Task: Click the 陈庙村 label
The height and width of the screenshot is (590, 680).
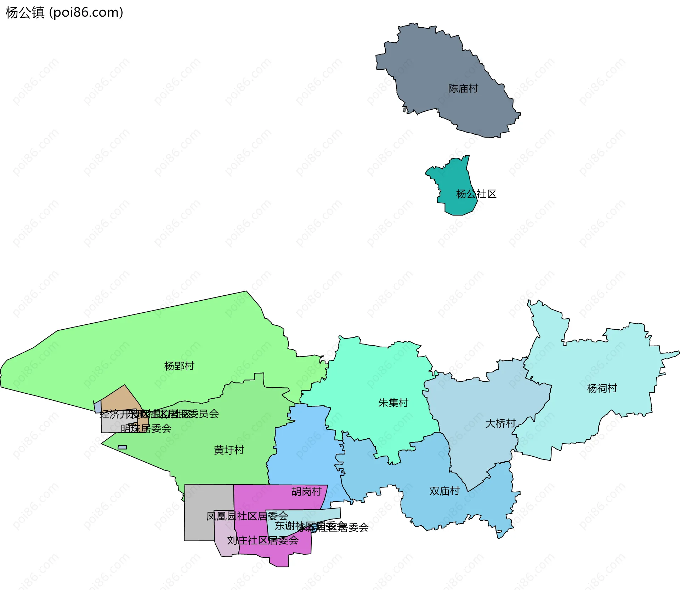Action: (x=463, y=88)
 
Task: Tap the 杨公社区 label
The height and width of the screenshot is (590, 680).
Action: (x=476, y=194)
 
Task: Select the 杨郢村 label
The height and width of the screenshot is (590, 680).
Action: (x=179, y=366)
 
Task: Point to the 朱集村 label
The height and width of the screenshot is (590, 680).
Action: (x=393, y=403)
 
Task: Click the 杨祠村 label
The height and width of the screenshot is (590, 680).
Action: (x=602, y=388)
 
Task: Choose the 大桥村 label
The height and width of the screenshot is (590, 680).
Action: (x=500, y=423)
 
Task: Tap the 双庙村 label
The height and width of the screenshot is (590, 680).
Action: (x=444, y=491)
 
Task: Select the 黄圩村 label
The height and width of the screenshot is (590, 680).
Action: (x=229, y=450)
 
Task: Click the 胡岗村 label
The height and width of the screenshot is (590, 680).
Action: (x=306, y=492)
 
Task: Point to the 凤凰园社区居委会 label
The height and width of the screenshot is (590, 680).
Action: (x=247, y=516)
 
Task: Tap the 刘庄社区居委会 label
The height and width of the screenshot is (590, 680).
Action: (x=263, y=540)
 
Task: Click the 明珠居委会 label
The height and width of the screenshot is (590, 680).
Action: (x=146, y=428)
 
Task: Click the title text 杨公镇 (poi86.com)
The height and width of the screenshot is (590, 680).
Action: (x=64, y=12)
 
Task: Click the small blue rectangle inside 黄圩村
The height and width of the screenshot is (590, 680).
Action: (x=122, y=447)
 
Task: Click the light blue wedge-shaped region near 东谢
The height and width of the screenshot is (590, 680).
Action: (x=319, y=515)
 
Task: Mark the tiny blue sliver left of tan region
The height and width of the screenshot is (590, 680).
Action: (x=98, y=407)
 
